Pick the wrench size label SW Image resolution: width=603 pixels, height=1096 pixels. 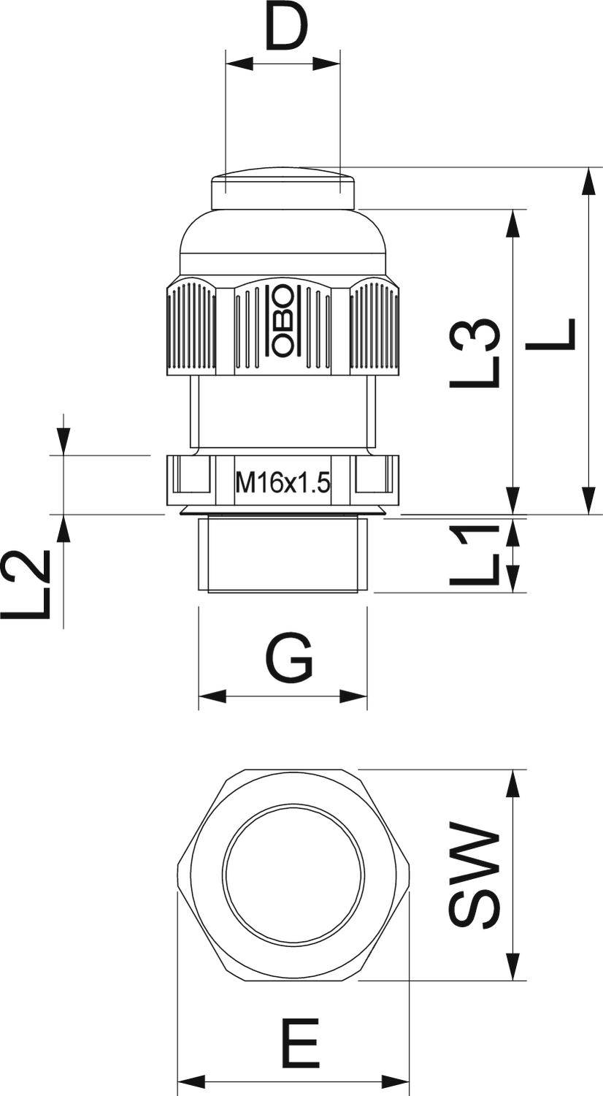pos(475,874)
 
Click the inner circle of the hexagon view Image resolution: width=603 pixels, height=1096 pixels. pos(293,875)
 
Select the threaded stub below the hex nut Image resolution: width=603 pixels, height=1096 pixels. pos(283,554)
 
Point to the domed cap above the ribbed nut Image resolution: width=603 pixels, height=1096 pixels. pos(283,241)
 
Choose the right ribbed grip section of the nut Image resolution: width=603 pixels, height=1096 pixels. pos(375,327)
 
